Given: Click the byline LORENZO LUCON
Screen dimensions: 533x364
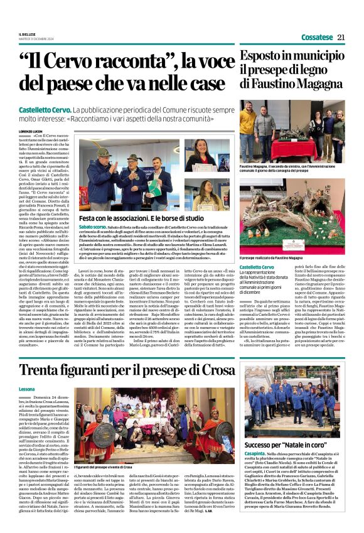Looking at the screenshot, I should (x=32, y=131).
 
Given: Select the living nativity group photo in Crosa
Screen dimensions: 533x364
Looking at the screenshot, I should (x=147, y=426).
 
